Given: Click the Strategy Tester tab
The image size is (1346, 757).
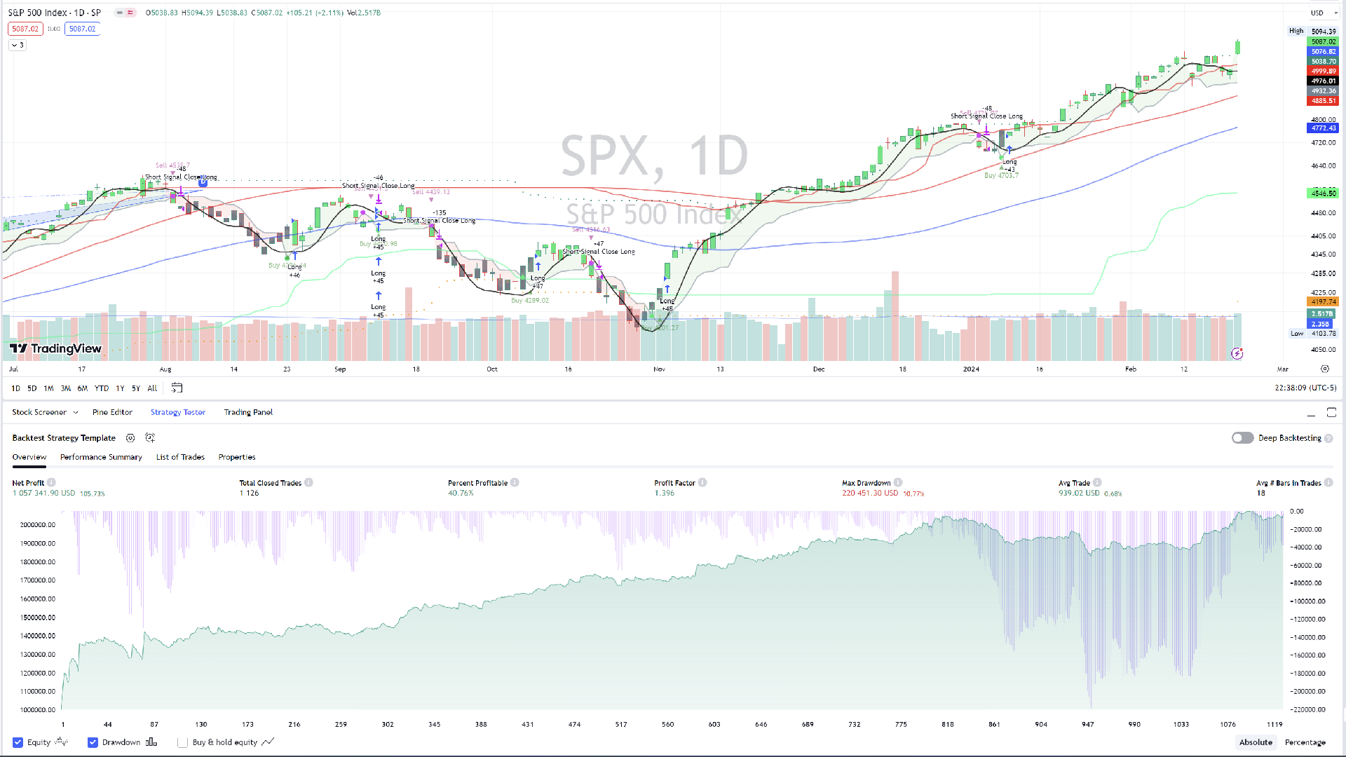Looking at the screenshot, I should [x=178, y=412].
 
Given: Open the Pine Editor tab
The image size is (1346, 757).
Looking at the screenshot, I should [x=112, y=412].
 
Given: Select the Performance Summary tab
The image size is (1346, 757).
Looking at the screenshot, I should [x=101, y=457].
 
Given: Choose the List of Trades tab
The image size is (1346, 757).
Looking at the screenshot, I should [x=180, y=457].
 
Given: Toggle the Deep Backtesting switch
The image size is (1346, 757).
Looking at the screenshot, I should [x=1242, y=438].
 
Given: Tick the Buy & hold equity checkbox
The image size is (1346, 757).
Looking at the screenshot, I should [x=183, y=742].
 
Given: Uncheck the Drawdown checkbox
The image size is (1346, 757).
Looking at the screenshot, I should [x=93, y=742].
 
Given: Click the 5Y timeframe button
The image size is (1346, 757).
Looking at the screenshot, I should [x=136, y=388].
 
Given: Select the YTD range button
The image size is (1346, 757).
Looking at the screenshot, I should [x=102, y=388].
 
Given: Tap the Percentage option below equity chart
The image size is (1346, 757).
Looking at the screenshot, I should [x=1305, y=742].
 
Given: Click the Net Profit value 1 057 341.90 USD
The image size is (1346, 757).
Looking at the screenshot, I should [x=43, y=493].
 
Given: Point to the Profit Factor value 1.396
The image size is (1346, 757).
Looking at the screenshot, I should [x=664, y=493].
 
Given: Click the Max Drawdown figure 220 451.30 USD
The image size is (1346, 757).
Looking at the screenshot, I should [x=869, y=493].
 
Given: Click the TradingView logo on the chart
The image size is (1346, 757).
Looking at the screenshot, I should [x=56, y=348].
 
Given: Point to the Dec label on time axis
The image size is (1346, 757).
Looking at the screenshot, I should [x=819, y=369].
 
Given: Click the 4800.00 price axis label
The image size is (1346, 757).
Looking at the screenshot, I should [x=1323, y=120].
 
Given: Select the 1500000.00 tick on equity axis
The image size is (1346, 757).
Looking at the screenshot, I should [x=38, y=618].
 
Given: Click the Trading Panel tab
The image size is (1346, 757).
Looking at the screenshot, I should [x=248, y=412].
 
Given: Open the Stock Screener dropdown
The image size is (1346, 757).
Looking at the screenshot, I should [x=45, y=412].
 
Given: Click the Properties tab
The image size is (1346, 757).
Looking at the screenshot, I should [x=237, y=457].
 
